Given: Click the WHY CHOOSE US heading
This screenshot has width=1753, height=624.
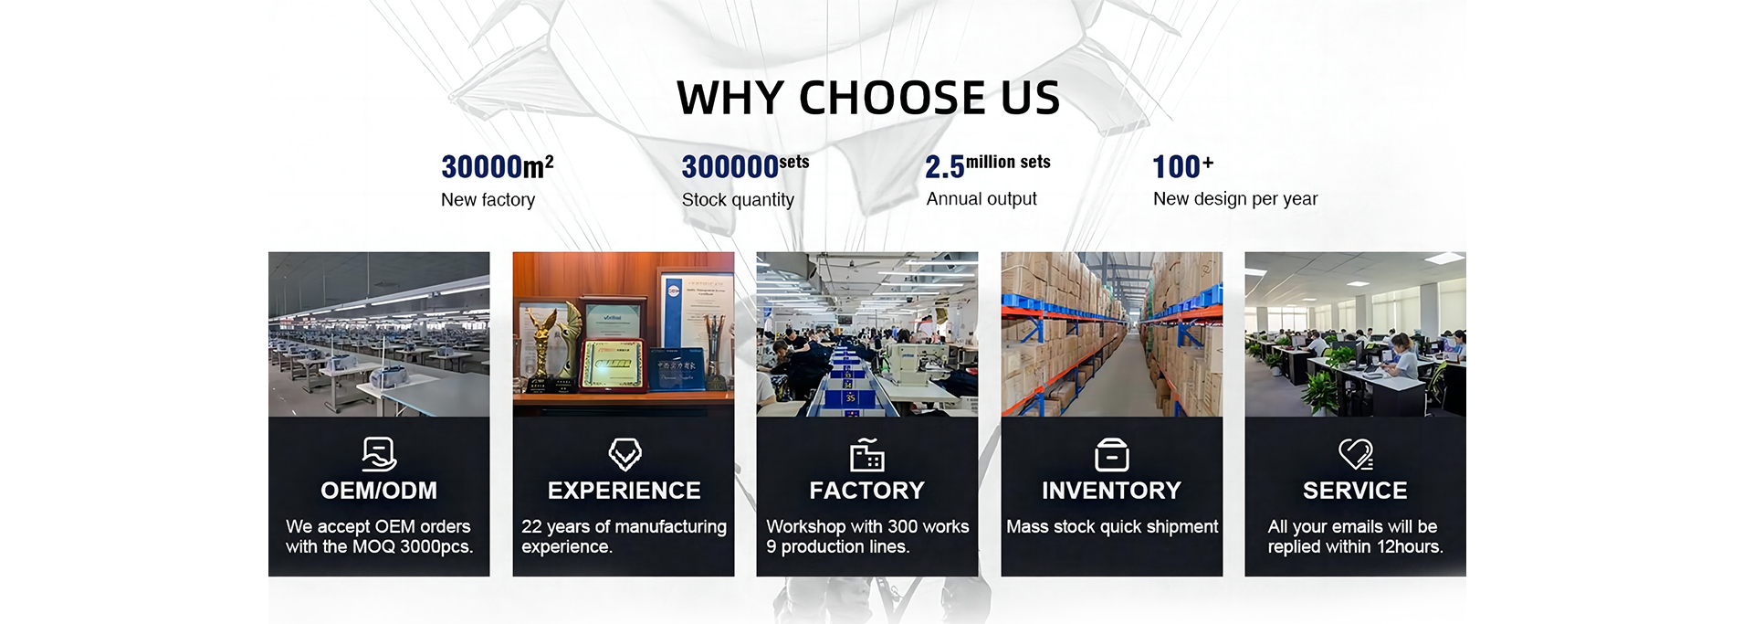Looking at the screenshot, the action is point(867,98).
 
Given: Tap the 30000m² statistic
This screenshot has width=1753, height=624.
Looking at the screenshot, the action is point(497,166).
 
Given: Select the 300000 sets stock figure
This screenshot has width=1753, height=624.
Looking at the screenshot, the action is point(745,166).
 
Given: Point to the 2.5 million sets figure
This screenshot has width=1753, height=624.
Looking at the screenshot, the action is point(987,166).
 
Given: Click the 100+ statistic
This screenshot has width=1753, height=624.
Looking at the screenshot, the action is point(1182,166).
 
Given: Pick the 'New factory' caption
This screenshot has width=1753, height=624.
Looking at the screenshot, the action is point(488,200).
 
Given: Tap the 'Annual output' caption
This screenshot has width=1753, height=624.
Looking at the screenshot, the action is point(981,199).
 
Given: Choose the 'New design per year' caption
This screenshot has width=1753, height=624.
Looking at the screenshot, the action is point(1235,199).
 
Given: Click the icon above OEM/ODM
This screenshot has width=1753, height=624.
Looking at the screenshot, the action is point(379,454).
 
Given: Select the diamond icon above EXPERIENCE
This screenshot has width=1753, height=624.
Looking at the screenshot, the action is point(625,454).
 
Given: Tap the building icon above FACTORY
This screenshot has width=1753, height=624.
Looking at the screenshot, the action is point(867,454).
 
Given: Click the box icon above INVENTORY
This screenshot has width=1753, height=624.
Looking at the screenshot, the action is point(1111,454).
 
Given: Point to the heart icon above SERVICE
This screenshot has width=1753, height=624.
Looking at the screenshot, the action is point(1356,454).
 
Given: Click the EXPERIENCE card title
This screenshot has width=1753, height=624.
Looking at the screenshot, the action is point(625,491).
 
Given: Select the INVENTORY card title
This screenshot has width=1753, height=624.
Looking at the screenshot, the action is point(1111,491).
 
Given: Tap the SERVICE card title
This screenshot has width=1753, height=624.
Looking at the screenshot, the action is point(1355,491).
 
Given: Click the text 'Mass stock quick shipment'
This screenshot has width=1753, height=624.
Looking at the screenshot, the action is point(1112,527).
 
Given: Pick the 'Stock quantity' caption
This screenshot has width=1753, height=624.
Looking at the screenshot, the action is point(738,200).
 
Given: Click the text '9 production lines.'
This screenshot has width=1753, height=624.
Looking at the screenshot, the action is point(838,547).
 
